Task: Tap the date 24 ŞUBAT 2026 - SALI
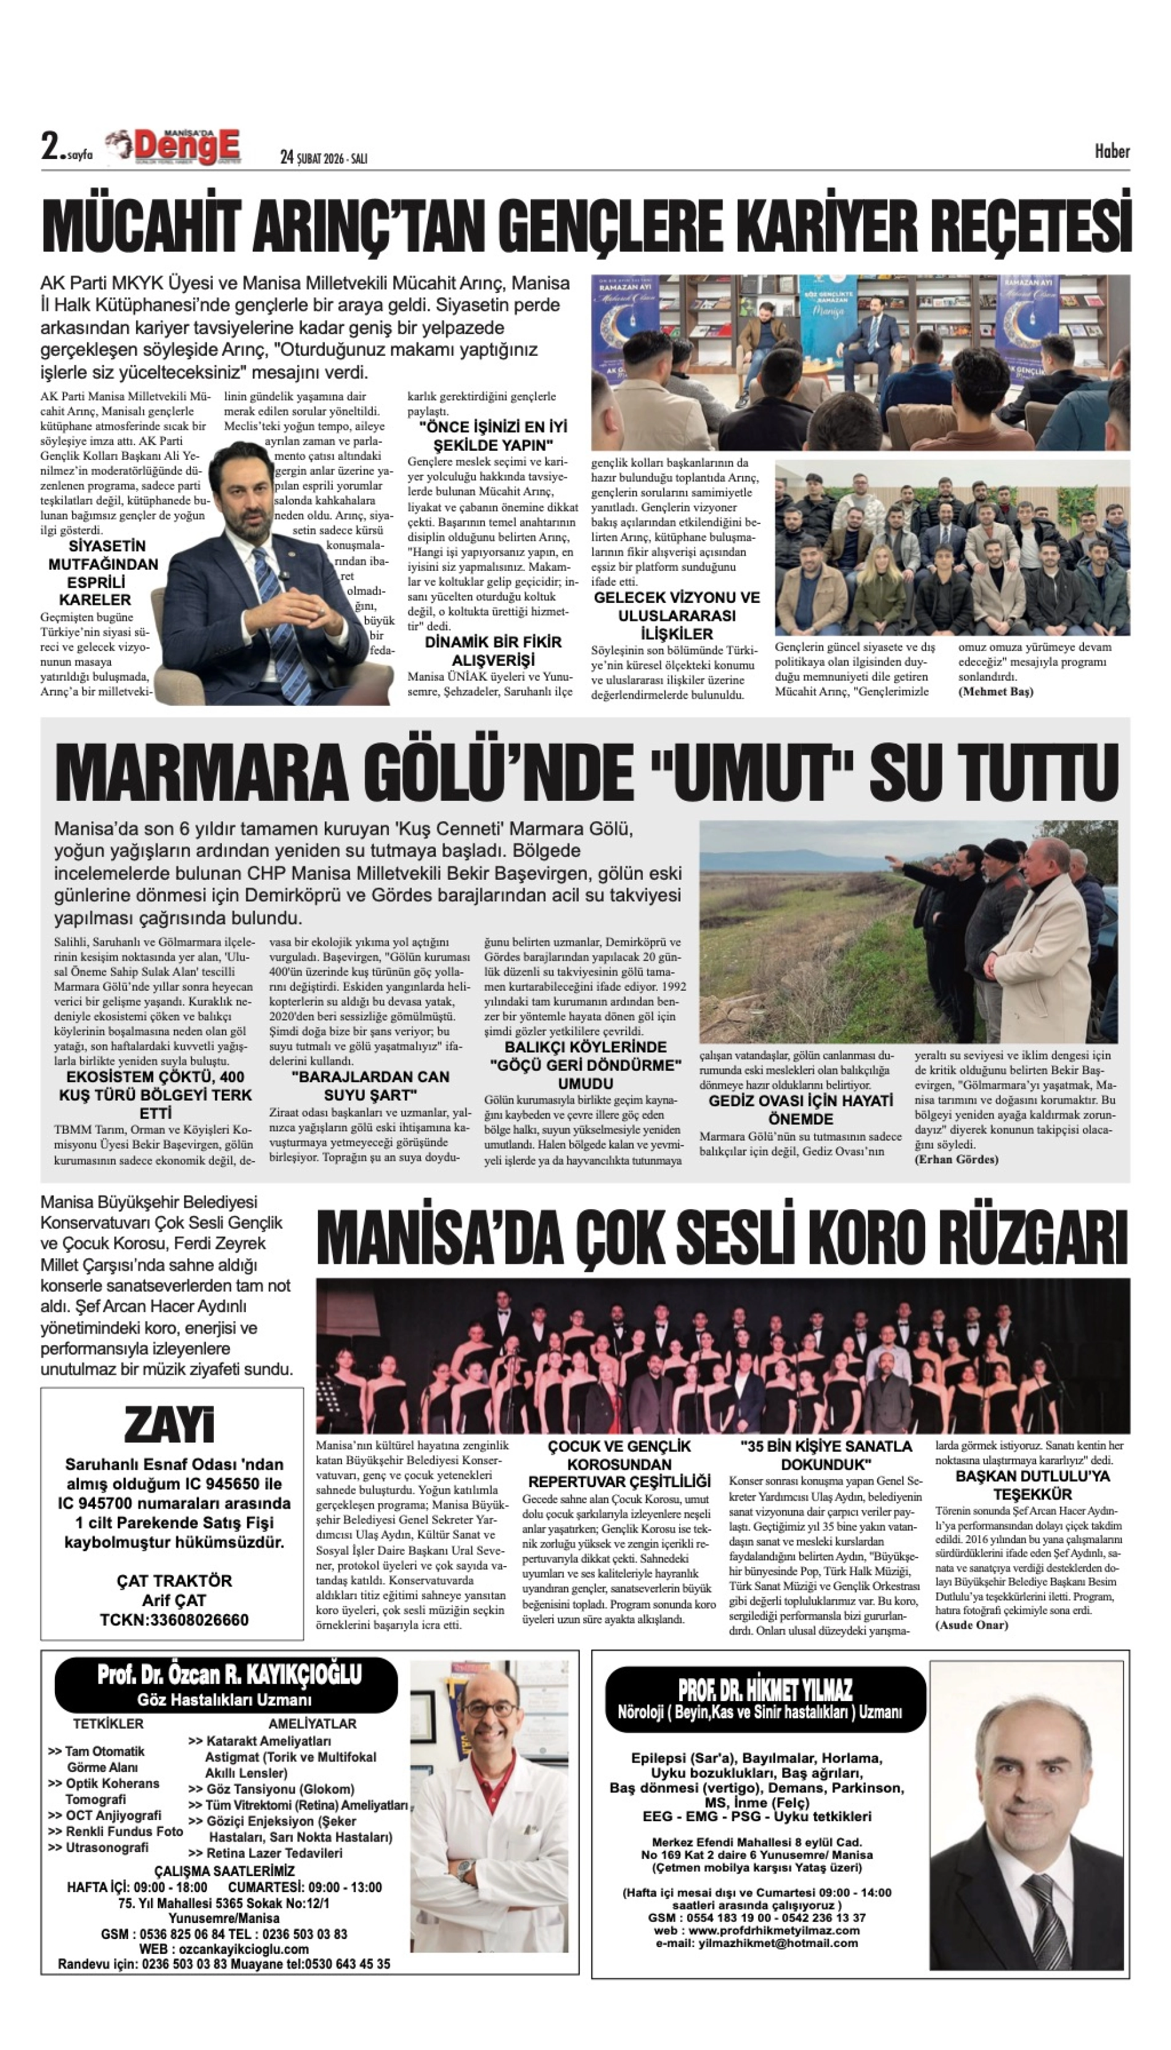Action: tap(324, 158)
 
